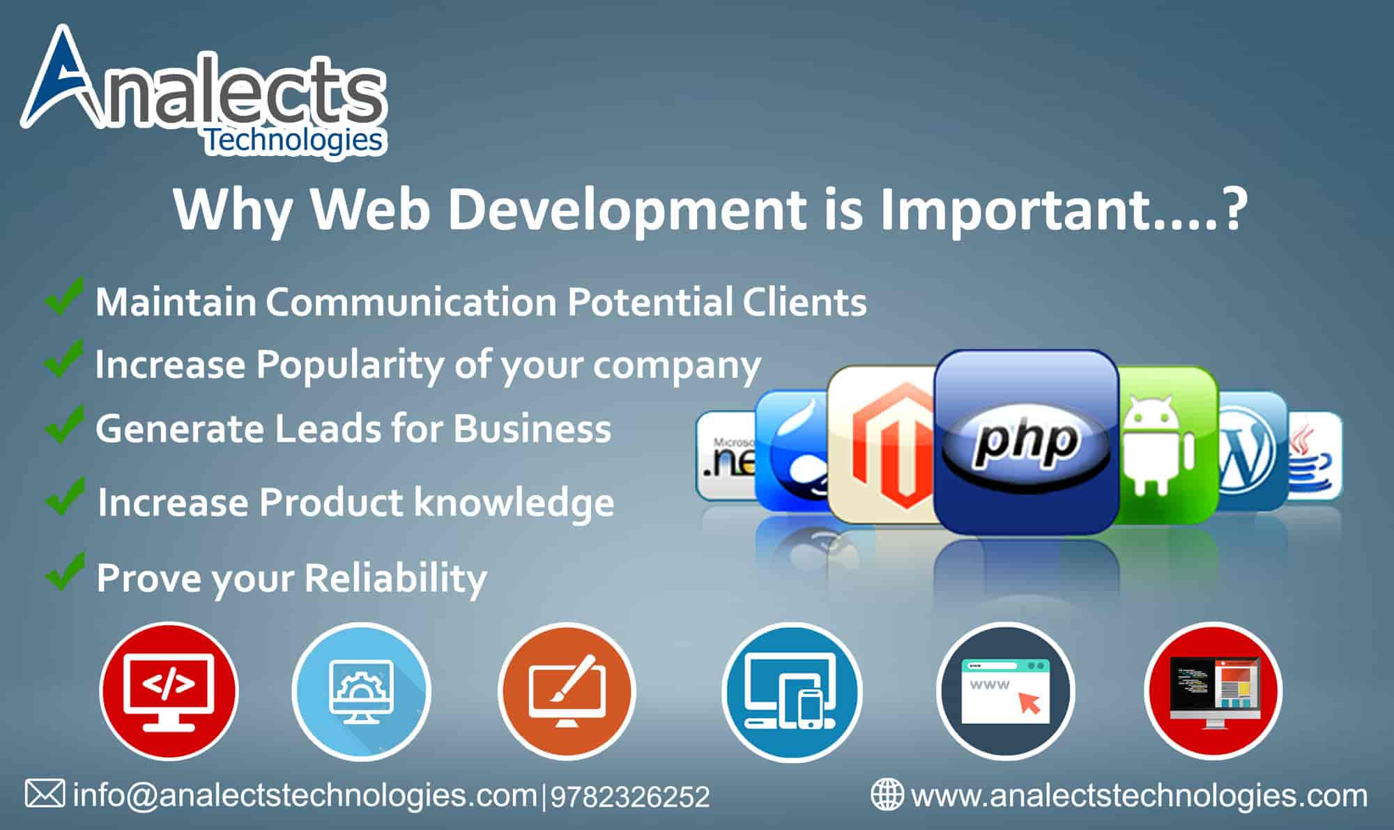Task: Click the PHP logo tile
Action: click(x=1025, y=442)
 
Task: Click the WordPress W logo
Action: click(x=1248, y=452)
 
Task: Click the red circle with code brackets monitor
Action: click(x=169, y=691)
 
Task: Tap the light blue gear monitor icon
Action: click(x=361, y=691)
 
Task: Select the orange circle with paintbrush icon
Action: click(x=567, y=691)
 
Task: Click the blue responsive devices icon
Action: click(x=792, y=691)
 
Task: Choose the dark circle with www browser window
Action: click(x=1005, y=691)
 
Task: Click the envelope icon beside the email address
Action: click(x=45, y=794)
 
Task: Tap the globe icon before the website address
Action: click(x=887, y=794)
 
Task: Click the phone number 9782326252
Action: click(x=630, y=797)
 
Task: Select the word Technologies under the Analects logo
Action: click(x=293, y=141)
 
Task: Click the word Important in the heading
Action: click(x=1013, y=210)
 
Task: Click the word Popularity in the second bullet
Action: click(x=350, y=366)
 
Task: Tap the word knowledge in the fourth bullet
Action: click(x=514, y=503)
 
